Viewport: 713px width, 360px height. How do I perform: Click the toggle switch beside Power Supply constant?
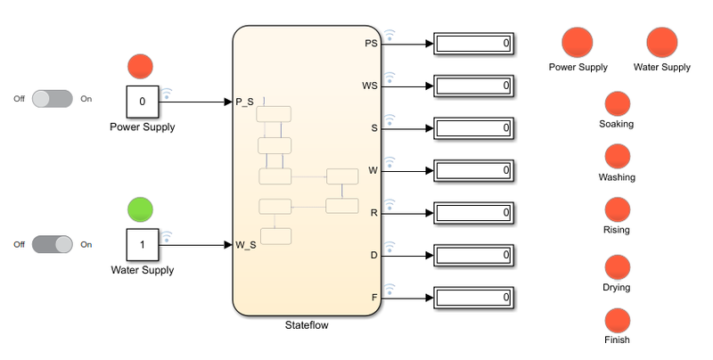53,99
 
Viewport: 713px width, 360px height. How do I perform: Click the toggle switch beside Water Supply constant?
53,243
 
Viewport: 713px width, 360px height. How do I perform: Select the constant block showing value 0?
142,102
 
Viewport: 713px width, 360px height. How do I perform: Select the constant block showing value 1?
142,244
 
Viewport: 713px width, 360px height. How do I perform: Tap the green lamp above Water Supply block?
141,209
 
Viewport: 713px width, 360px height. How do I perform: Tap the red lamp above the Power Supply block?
141,66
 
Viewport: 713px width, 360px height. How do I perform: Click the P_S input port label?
245,102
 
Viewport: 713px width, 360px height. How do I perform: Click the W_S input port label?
246,244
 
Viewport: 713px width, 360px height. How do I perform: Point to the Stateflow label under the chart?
306,325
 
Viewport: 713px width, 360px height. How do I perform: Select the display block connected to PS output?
472,44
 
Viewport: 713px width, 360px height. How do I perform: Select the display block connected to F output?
472,297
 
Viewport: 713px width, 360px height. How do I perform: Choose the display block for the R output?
472,213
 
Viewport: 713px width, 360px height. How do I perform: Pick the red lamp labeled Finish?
617,320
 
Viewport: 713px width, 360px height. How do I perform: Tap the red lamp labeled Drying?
617,266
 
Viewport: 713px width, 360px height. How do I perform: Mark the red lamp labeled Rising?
617,209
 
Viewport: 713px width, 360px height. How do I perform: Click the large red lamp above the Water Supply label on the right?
661,43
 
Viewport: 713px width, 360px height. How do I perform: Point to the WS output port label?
370,86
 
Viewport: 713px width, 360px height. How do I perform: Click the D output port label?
374,255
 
